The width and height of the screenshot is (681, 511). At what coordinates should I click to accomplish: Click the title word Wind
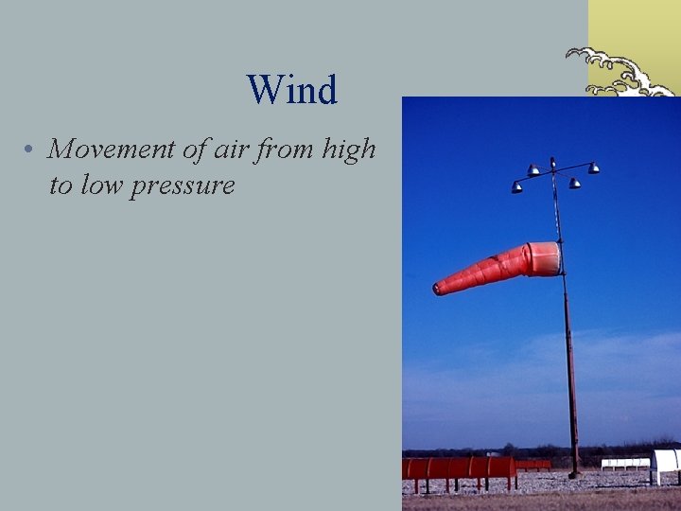click(291, 91)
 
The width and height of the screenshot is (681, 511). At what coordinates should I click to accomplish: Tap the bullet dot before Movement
click(31, 150)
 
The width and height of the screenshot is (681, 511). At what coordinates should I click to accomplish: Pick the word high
click(350, 150)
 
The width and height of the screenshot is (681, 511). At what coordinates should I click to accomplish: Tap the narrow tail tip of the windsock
click(438, 288)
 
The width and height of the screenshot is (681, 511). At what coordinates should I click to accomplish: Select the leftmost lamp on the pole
click(517, 187)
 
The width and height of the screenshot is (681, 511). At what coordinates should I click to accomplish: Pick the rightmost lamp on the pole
click(593, 168)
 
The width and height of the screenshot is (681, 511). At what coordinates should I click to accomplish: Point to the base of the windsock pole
click(573, 471)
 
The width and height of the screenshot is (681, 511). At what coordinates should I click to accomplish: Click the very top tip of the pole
click(552, 159)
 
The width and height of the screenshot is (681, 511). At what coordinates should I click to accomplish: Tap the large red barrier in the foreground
click(458, 468)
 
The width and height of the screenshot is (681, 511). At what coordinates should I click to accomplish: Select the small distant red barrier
click(533, 464)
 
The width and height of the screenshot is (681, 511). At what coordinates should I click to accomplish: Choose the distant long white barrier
click(624, 463)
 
